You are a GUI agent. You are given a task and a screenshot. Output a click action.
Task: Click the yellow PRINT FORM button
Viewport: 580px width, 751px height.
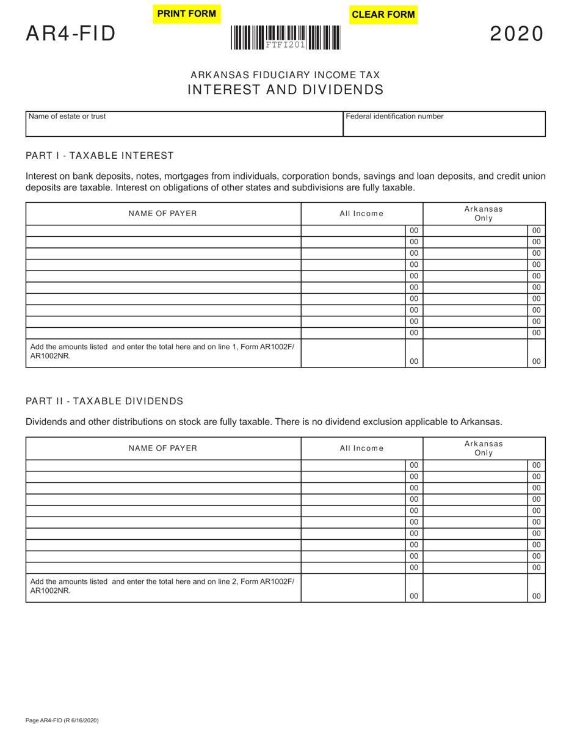(x=187, y=14)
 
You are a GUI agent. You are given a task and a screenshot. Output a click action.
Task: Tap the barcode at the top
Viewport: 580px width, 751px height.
(x=286, y=38)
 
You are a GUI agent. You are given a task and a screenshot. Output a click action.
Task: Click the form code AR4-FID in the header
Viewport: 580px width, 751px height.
(x=70, y=34)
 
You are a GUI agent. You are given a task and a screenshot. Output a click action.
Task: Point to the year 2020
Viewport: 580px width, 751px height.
(x=517, y=34)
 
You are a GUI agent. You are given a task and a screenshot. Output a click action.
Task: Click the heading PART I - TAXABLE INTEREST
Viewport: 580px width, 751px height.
(x=100, y=156)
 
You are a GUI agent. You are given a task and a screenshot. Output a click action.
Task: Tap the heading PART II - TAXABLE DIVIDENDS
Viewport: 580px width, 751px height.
(x=104, y=401)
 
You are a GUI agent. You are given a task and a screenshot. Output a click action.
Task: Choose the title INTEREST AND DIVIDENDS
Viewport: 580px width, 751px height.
(x=285, y=90)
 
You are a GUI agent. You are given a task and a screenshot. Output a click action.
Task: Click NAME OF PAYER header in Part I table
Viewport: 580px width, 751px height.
(x=163, y=214)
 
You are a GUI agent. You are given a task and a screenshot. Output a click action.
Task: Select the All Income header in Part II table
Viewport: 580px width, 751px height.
(x=361, y=448)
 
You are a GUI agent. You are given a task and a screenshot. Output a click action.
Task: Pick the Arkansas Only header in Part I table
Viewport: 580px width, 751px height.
(x=484, y=214)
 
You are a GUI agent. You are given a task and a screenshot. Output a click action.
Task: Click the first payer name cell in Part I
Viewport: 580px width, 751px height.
(x=163, y=231)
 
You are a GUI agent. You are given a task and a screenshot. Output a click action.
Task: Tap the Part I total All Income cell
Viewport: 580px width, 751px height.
(x=353, y=354)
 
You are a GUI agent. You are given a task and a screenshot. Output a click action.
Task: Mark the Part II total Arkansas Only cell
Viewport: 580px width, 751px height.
(x=475, y=588)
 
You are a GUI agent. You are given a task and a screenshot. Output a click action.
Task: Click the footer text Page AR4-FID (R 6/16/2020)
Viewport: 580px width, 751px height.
(x=62, y=720)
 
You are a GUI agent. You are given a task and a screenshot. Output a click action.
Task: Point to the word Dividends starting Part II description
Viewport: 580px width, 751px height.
(x=46, y=422)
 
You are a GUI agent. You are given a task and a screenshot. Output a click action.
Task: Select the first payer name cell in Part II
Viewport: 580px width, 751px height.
(x=163, y=465)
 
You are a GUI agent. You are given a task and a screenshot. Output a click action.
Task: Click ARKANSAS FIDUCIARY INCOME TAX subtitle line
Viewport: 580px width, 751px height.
(x=285, y=75)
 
